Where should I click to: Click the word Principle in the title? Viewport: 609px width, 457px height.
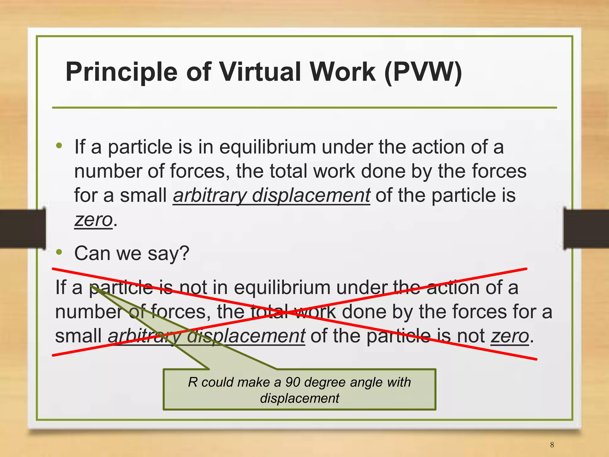pyautogui.click(x=121, y=72)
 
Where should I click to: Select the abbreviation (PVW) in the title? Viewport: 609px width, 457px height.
pyautogui.click(x=423, y=72)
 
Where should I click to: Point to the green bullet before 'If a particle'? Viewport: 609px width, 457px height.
pyautogui.click(x=59, y=146)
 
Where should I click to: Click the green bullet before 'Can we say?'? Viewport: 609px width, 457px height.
pyautogui.click(x=59, y=252)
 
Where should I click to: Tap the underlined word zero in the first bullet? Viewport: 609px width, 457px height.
pyautogui.click(x=93, y=220)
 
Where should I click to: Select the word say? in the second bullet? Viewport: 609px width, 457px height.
pyautogui.click(x=169, y=254)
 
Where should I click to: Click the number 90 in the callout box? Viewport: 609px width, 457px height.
pyautogui.click(x=293, y=382)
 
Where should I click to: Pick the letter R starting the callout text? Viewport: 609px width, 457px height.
pyautogui.click(x=193, y=382)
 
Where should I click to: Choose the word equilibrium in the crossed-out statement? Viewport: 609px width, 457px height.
pyautogui.click(x=282, y=288)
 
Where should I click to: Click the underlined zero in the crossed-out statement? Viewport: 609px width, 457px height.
pyautogui.click(x=510, y=336)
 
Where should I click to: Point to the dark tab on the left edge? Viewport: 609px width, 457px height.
pyautogui.click(x=23, y=228)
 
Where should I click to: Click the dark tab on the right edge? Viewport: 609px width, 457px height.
pyautogui.click(x=586, y=228)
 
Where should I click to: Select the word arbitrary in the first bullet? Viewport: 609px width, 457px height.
pyautogui.click(x=210, y=196)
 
